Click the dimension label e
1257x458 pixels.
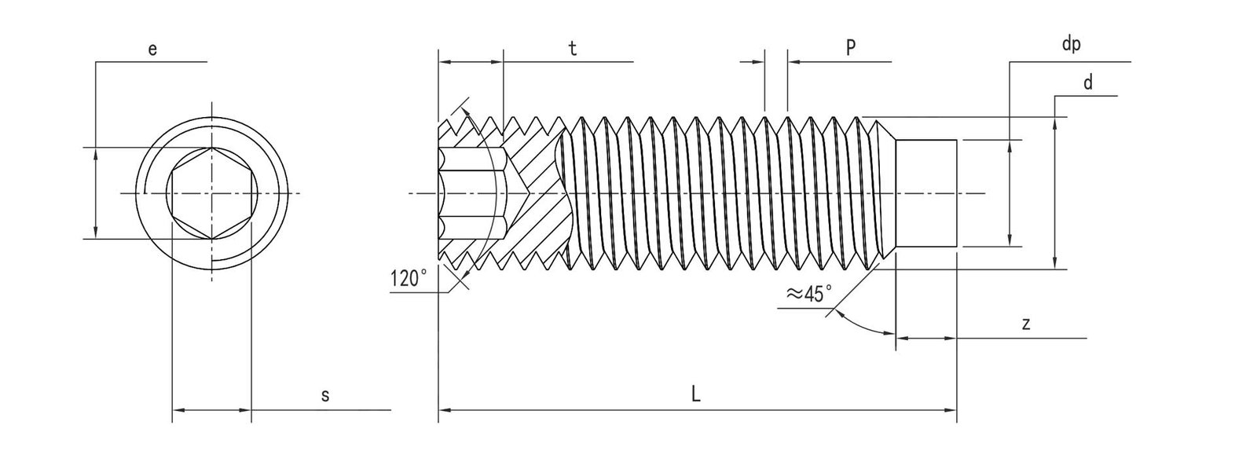pyautogui.click(x=152, y=49)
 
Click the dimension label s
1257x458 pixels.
pyautogui.click(x=324, y=397)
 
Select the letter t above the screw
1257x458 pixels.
pyautogui.click(x=573, y=49)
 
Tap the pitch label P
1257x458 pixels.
pyautogui.click(x=850, y=48)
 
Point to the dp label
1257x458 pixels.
pyautogui.click(x=1071, y=45)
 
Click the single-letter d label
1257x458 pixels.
pyautogui.click(x=1087, y=82)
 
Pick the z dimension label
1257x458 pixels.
pyautogui.click(x=1026, y=324)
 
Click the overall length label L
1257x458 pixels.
pyautogui.click(x=696, y=396)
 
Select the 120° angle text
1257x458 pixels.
pyautogui.click(x=409, y=278)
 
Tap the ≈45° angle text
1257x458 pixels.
pyautogui.click(x=808, y=295)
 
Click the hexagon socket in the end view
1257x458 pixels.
pyautogui.click(x=211, y=193)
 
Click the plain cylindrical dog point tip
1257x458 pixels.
pyautogui.click(x=927, y=193)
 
